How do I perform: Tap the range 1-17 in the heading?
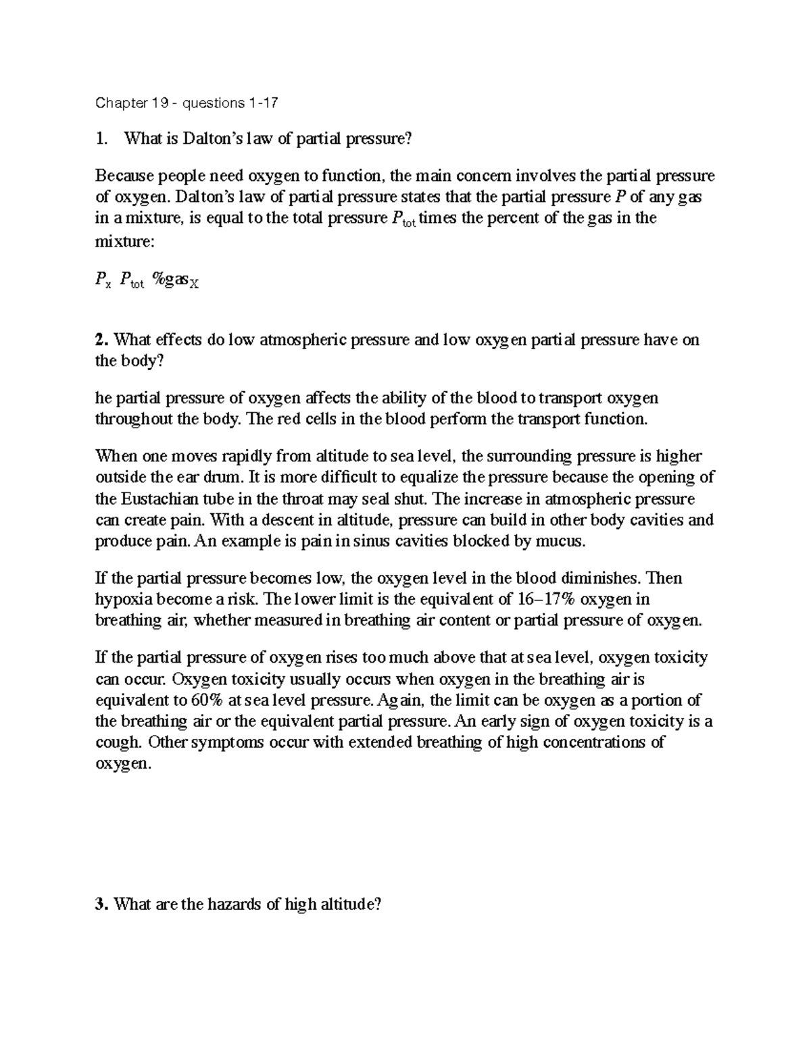point(262,103)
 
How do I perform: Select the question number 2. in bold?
point(101,340)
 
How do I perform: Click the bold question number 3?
point(101,904)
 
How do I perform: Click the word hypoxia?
point(120,599)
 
